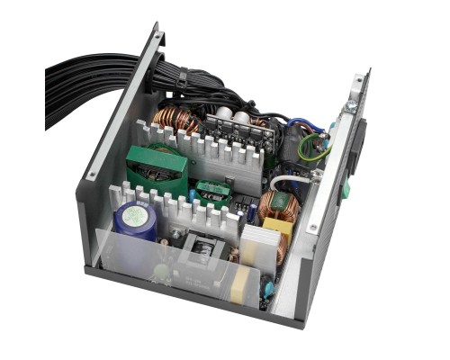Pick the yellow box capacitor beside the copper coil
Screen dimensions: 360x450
click(x=279, y=231)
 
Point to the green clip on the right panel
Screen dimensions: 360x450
click(x=345, y=193)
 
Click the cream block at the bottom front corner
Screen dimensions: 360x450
click(x=241, y=286)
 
